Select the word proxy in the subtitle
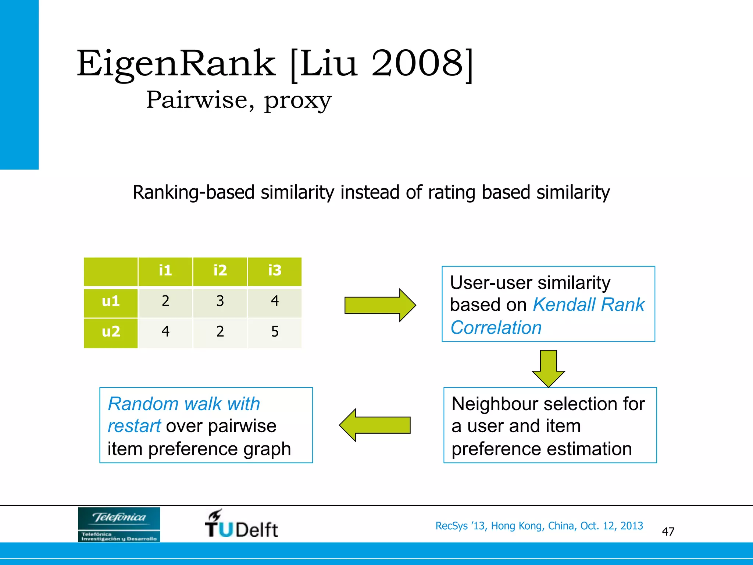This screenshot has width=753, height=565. tap(298, 100)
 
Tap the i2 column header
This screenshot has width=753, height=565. tap(220, 271)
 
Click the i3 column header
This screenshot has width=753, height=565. tap(275, 271)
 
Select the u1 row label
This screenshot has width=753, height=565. tap(111, 302)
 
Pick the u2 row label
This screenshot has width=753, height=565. tap(111, 332)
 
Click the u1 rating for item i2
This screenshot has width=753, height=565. tap(220, 302)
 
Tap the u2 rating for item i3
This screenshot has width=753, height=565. tap(275, 332)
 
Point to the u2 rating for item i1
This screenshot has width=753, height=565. tap(165, 332)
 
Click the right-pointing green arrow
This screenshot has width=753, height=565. tap(380, 305)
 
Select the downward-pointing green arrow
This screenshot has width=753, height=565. tap(548, 368)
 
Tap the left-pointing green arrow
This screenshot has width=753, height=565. tap(375, 425)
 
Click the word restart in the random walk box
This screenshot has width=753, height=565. tap(134, 426)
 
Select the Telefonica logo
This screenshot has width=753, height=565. tap(119, 524)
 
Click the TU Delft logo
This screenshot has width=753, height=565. tap(241, 524)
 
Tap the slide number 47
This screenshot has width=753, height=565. tap(668, 532)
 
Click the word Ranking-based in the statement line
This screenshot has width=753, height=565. tap(193, 193)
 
